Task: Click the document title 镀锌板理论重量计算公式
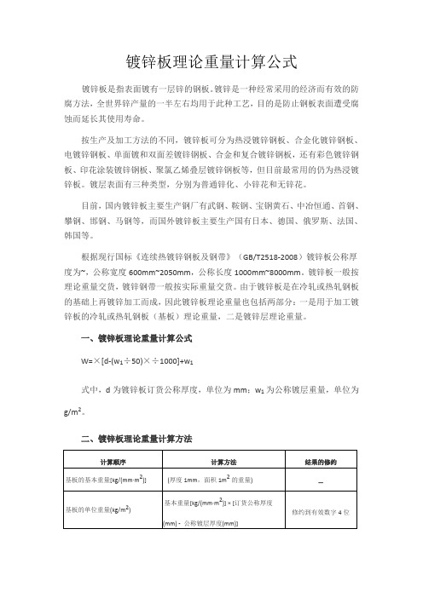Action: pos(211,61)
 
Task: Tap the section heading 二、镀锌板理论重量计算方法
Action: pos(134,439)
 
